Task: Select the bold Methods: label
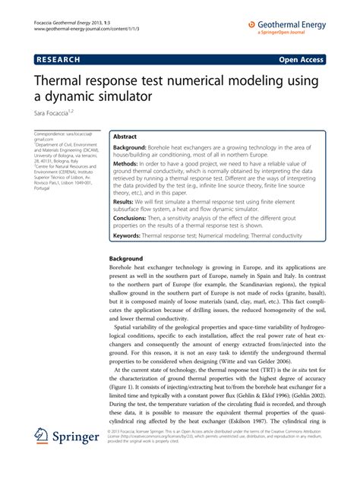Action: point(126,164)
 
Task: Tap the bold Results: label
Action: point(123,203)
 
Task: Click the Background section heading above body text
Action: point(122,259)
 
